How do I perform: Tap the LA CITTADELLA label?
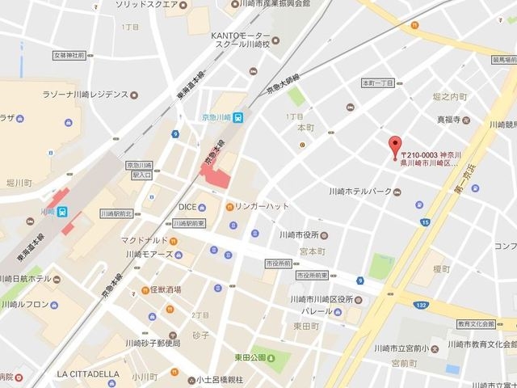(x=88, y=373)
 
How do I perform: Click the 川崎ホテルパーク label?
(x=360, y=191)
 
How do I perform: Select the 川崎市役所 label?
(x=304, y=234)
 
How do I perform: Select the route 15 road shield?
(x=425, y=221)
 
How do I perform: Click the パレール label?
(x=312, y=311)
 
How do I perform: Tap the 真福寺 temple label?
(x=448, y=119)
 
